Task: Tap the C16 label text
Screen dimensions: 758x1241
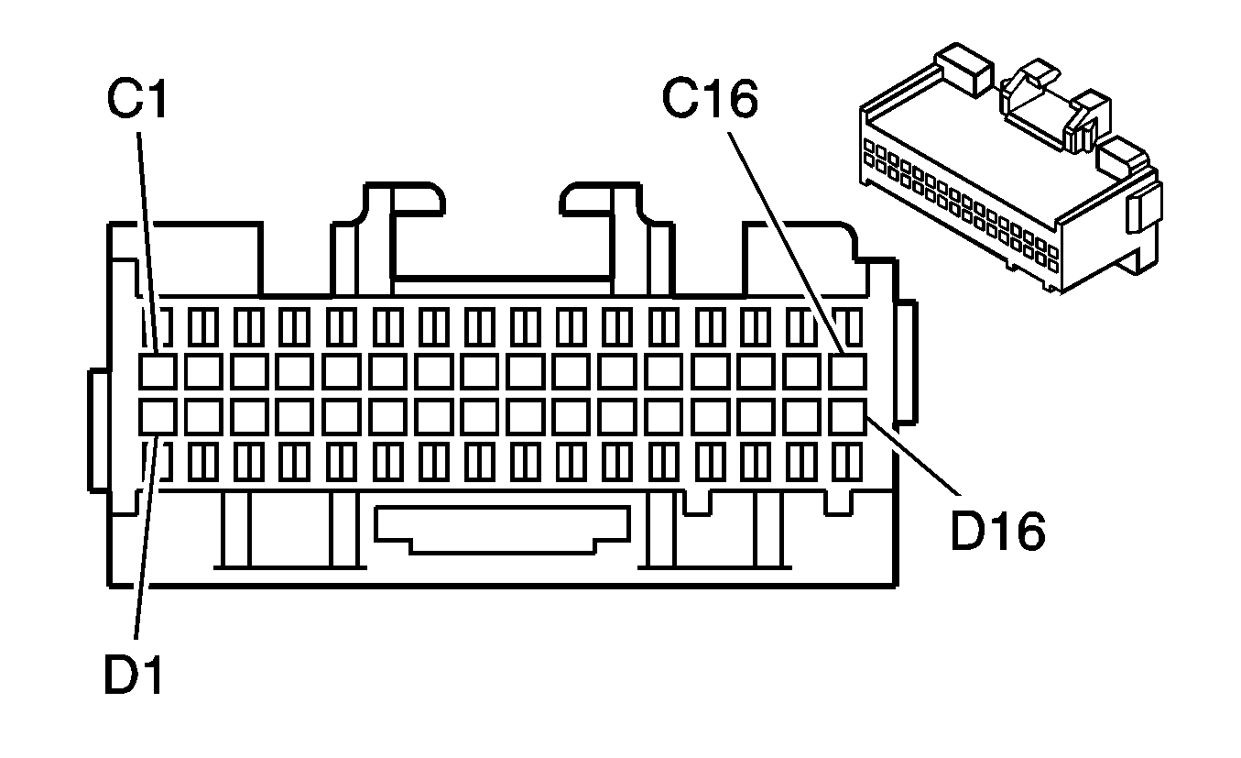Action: point(711,99)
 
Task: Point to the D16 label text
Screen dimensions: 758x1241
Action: point(997,532)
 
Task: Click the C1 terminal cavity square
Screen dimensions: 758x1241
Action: point(157,371)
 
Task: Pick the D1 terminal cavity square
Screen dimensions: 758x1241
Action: point(157,416)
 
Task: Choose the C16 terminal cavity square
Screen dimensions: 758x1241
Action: point(848,371)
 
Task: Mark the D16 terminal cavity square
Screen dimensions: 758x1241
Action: point(848,416)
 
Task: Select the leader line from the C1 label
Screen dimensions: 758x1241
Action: point(149,238)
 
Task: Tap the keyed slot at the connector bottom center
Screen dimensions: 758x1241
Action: point(502,530)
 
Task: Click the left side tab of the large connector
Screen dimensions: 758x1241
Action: point(98,431)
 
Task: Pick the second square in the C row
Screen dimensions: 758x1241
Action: point(202,371)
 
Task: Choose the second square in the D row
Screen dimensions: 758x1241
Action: point(202,416)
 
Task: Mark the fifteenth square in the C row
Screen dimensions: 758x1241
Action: point(802,371)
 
